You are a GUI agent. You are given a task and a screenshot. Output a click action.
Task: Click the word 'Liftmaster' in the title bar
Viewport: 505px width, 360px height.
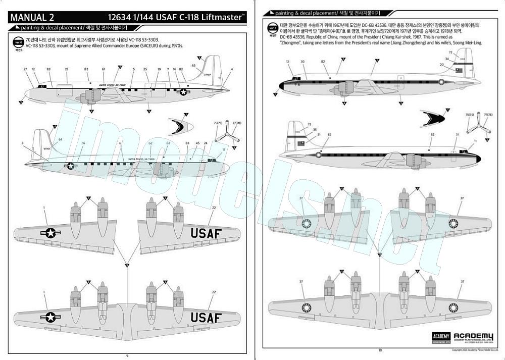pos(224,17)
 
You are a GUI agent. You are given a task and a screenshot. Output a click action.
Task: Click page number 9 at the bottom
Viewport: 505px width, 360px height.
pos(127,355)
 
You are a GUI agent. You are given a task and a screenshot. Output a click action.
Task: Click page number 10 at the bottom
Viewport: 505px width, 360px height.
pos(380,350)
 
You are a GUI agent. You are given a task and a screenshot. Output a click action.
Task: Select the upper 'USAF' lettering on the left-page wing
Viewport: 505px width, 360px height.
pos(206,233)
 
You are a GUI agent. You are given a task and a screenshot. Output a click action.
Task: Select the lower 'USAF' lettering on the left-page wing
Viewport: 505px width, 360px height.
pos(206,317)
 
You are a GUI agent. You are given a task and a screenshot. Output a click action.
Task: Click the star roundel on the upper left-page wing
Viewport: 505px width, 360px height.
pos(50,233)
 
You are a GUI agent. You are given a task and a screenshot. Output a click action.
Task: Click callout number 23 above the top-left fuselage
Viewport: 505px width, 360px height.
pos(67,69)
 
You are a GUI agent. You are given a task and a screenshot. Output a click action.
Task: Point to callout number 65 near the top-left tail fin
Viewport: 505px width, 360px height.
pos(193,65)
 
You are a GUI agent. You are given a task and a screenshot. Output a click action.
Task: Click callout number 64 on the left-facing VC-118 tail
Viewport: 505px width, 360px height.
pos(61,139)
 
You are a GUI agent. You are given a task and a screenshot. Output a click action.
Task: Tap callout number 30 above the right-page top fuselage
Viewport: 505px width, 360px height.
pos(302,62)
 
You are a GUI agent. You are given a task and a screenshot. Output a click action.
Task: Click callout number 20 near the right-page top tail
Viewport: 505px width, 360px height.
pos(441,65)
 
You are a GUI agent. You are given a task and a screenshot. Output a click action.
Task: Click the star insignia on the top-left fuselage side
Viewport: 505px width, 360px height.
pos(183,91)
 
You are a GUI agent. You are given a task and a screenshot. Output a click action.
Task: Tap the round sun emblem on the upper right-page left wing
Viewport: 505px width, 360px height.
pos(306,224)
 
